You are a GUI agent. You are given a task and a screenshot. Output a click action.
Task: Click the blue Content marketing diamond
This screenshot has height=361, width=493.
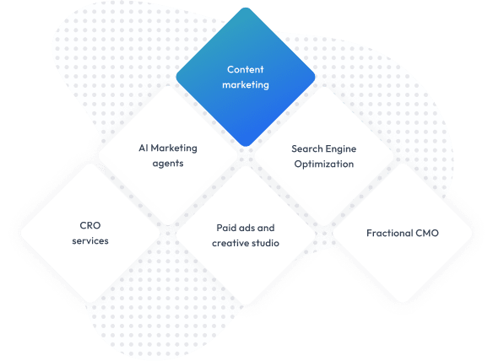(x=246, y=77)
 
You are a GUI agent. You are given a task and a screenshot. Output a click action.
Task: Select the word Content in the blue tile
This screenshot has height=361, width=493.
(x=246, y=69)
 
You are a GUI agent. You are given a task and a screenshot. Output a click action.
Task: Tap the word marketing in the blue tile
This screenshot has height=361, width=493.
(x=246, y=85)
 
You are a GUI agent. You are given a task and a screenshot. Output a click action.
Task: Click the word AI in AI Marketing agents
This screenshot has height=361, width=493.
(x=143, y=148)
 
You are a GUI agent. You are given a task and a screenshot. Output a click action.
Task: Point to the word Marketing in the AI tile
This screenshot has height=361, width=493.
(x=174, y=148)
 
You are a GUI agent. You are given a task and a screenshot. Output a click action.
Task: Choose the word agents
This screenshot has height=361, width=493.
(x=168, y=164)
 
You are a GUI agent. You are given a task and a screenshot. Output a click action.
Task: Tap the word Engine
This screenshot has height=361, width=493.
(x=341, y=149)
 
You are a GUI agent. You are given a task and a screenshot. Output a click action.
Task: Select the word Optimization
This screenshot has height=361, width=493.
(x=324, y=164)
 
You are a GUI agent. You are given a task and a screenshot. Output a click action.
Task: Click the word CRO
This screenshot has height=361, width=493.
(x=90, y=225)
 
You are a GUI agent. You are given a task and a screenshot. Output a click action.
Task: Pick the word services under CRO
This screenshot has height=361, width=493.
(x=90, y=241)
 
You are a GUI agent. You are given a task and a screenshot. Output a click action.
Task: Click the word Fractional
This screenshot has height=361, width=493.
(x=390, y=233)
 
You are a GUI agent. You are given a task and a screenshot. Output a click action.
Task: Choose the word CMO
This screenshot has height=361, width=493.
(x=427, y=233)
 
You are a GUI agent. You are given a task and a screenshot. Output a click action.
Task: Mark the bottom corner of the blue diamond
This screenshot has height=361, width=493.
(x=246, y=147)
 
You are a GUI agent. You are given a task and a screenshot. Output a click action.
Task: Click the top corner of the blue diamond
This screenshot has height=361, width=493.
(x=246, y=8)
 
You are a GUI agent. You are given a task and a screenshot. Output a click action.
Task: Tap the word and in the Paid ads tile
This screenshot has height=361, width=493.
(x=266, y=228)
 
